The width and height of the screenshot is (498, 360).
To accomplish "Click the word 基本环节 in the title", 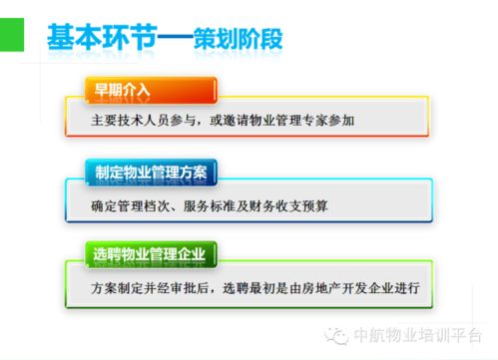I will tap(105, 37).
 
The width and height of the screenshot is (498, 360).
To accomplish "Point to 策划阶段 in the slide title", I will tap(240, 37).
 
